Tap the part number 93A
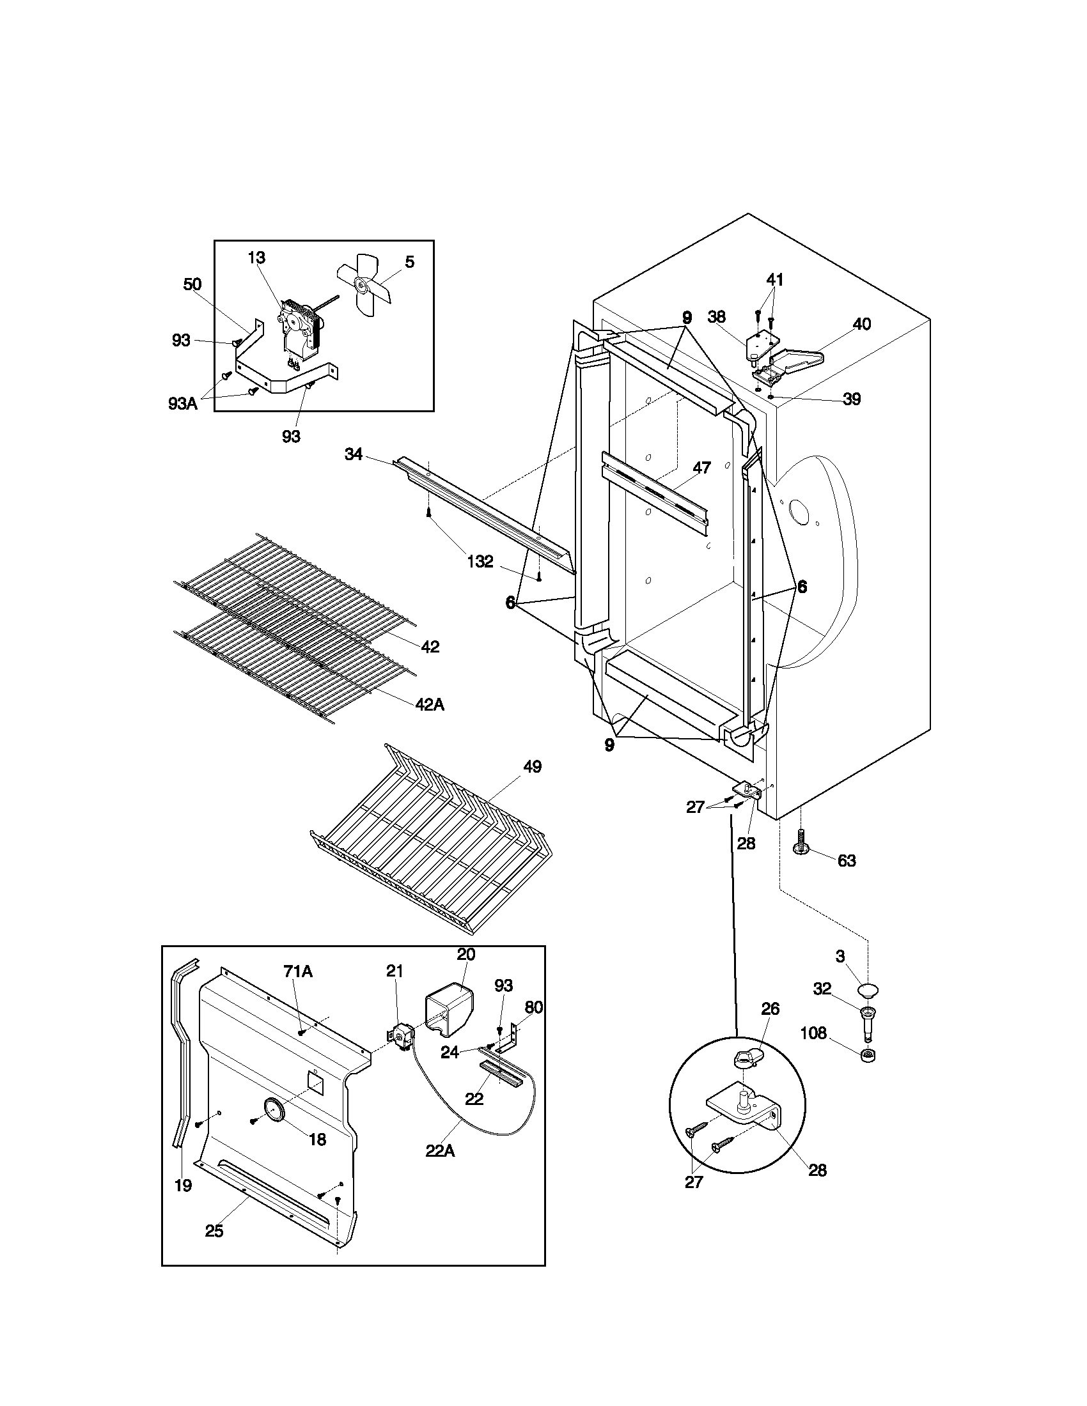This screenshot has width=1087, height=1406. tap(183, 403)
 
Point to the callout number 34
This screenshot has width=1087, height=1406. tap(354, 454)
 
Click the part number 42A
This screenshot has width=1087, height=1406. tap(430, 704)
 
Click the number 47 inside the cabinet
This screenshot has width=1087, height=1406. tap(701, 468)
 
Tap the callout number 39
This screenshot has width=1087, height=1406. tap(851, 399)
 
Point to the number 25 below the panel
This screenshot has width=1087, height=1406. tap(214, 1231)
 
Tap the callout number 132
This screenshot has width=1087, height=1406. tap(480, 561)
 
